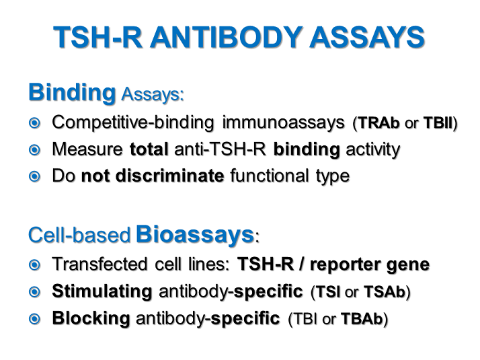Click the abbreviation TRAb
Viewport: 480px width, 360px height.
379,124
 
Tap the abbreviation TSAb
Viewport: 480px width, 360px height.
386,292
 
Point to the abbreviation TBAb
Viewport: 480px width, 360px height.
364,319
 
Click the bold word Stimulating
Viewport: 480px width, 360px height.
102,291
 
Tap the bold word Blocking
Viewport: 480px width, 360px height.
91,318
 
